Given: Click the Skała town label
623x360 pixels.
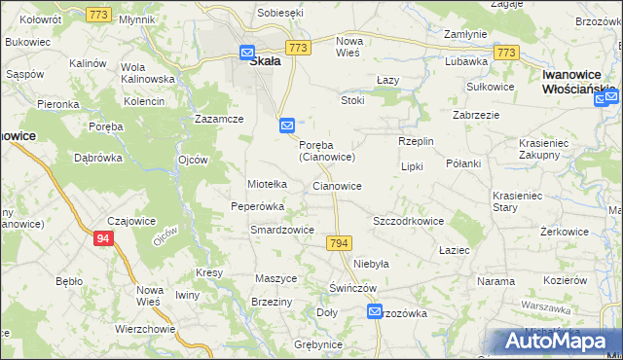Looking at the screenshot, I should click(x=265, y=60).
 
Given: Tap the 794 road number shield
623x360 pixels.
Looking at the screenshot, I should click(x=339, y=241).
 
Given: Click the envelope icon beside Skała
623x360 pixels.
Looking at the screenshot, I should click(x=247, y=54).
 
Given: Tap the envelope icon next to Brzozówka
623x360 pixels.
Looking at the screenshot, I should click(x=376, y=311).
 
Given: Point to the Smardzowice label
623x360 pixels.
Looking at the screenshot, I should click(x=281, y=231).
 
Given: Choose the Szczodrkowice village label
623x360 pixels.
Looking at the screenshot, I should click(x=409, y=221).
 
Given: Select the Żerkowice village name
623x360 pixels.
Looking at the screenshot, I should click(x=568, y=234).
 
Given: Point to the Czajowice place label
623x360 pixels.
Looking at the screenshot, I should click(x=131, y=221).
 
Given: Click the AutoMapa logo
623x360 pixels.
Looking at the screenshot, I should click(x=558, y=342).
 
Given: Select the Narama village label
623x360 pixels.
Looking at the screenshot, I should click(x=495, y=281).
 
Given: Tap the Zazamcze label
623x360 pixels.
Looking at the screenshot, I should click(x=218, y=118).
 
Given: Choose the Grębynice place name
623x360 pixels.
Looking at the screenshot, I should click(x=313, y=344).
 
